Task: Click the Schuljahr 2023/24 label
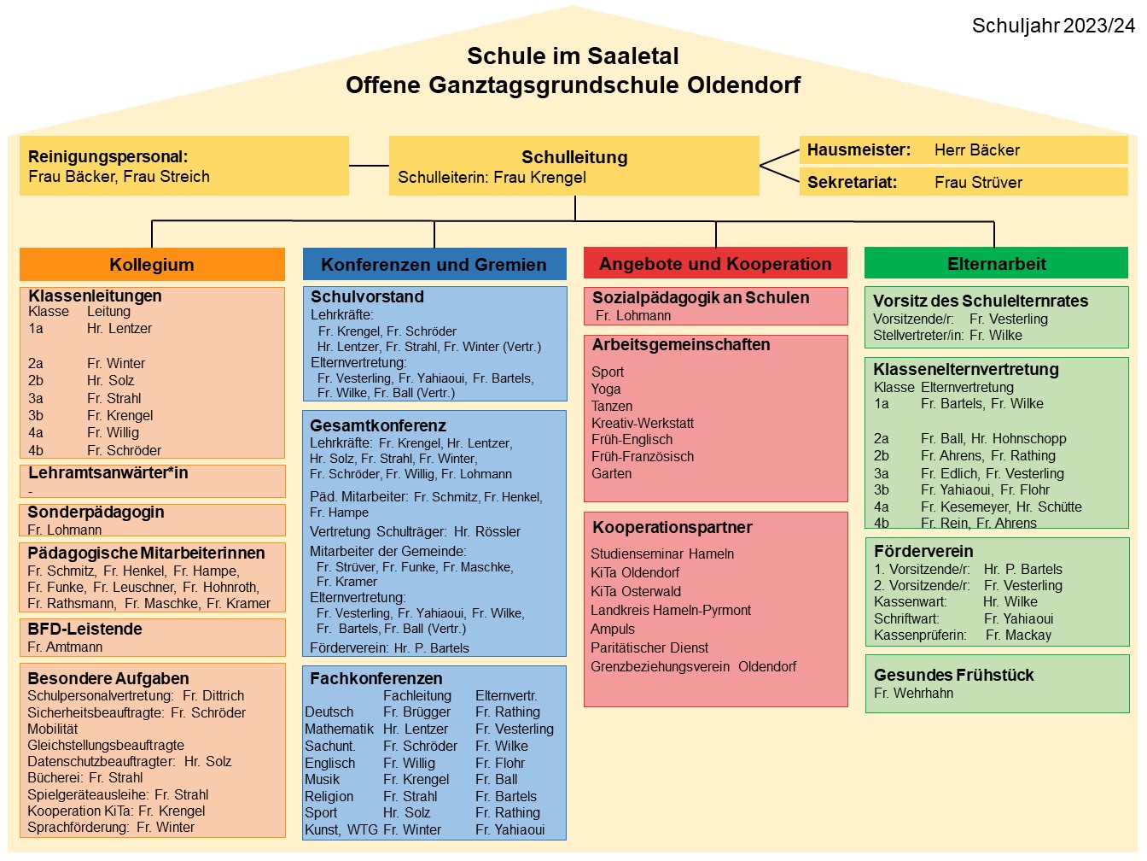point(1053,26)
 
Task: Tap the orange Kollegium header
point(152,264)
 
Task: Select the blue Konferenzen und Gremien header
point(434,264)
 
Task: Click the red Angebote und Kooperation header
point(715,263)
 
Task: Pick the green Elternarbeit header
point(997,263)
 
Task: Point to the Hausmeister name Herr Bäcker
point(976,150)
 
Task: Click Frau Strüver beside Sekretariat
point(978,183)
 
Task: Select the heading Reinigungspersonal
point(108,156)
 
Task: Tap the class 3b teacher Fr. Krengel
point(120,416)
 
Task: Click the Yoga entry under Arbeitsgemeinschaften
point(606,389)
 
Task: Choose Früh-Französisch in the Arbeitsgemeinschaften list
point(643,456)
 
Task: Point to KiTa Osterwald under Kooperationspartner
point(636,591)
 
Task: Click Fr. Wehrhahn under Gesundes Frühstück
point(913,694)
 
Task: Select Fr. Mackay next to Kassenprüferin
point(1018,635)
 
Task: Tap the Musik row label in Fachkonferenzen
point(322,780)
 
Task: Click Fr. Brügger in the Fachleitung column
point(416,712)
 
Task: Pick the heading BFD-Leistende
point(84,629)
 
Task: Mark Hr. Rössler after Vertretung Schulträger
point(487,531)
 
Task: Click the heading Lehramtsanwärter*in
point(108,472)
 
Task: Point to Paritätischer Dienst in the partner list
point(649,647)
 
